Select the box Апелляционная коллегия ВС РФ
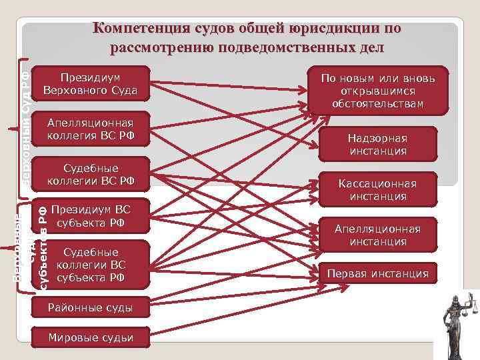coord(91,129)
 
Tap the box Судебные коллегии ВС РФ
coord(91,174)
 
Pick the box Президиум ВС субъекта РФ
coord(91,215)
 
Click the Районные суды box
coord(91,307)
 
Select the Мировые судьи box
coord(91,338)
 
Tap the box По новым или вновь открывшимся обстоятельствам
coord(377,91)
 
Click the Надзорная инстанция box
coord(377,145)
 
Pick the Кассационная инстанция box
coord(377,190)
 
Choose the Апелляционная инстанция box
coord(377,235)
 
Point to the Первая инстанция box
coord(377,273)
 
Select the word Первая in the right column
coord(347,273)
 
